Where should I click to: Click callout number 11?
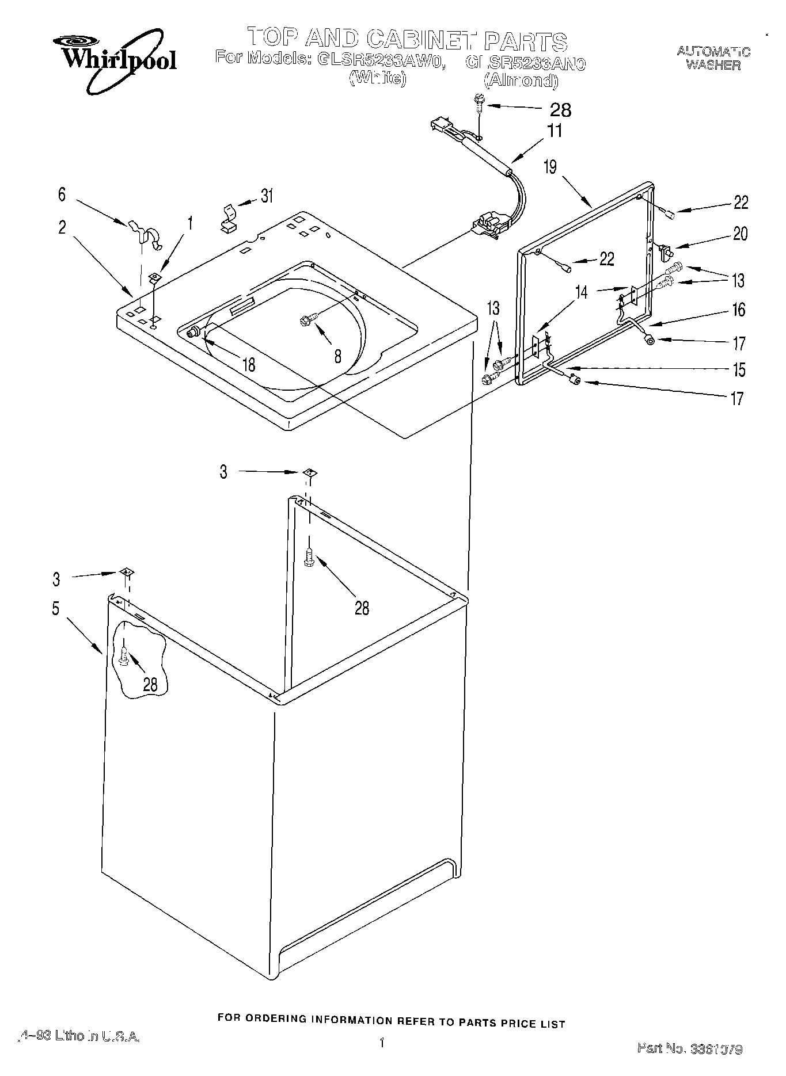coord(554,131)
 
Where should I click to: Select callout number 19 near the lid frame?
coord(550,167)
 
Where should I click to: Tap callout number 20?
coord(740,234)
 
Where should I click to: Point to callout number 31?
coord(267,196)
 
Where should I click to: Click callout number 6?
coord(62,194)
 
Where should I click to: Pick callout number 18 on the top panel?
coord(249,364)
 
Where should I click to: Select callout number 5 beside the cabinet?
coord(55,608)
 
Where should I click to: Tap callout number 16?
coord(739,310)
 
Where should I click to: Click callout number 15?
coord(739,369)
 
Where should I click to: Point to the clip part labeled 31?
coord(229,218)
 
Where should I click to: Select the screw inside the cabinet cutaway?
coord(124,655)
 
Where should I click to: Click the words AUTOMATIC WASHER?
coord(713,58)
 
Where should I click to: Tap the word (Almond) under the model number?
coord(521,81)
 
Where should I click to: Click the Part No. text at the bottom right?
coord(689,1049)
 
